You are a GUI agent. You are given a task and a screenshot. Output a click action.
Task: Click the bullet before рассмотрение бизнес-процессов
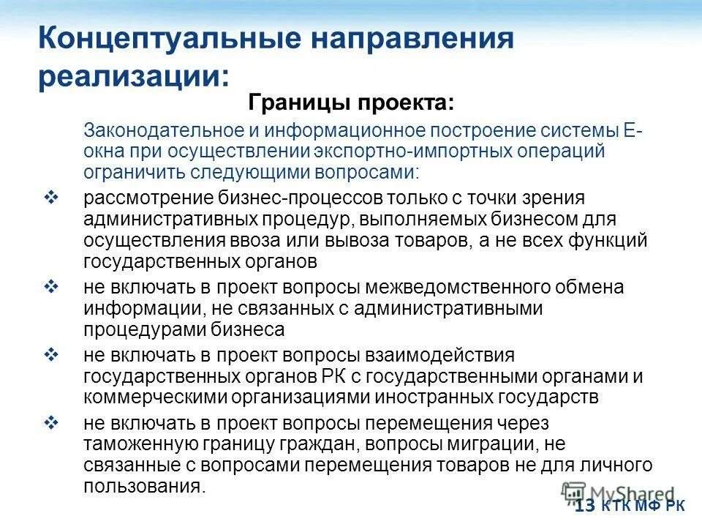(51, 198)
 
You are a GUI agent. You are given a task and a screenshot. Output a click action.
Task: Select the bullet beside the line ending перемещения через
(51, 422)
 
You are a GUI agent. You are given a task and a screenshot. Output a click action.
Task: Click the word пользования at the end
(143, 487)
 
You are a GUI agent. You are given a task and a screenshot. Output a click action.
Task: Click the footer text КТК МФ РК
(643, 507)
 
